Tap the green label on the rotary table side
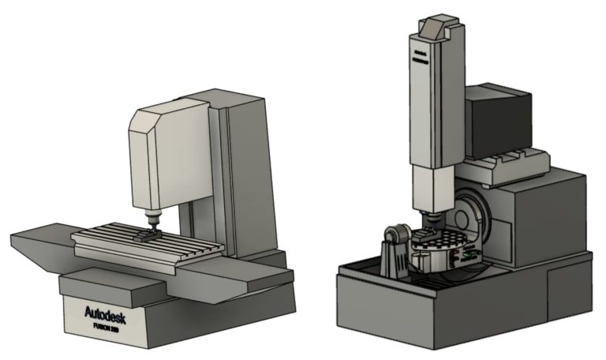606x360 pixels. coord(471,255)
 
